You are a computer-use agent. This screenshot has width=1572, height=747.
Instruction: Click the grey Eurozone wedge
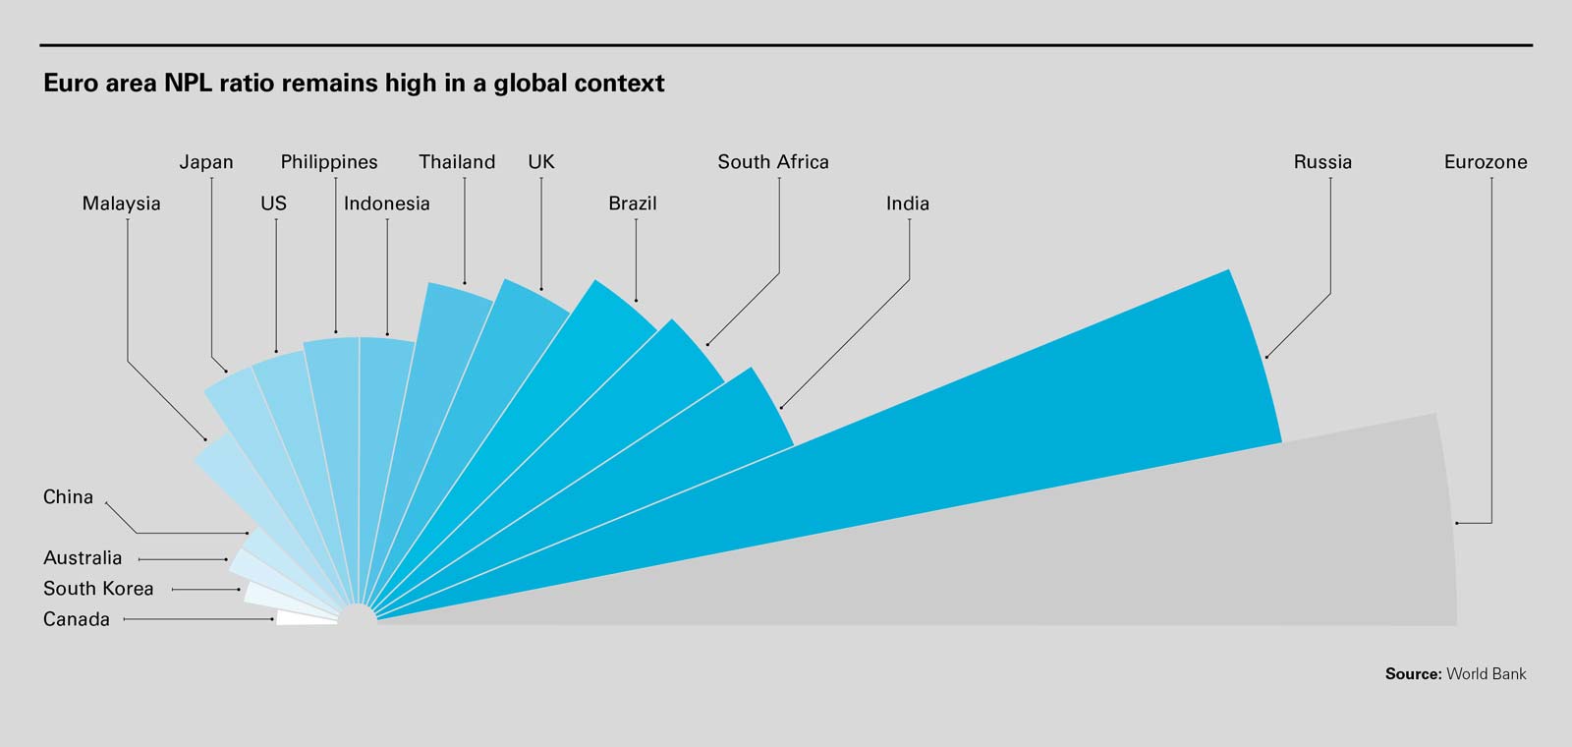click(x=1179, y=550)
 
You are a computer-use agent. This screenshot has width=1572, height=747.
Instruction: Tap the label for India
click(x=907, y=203)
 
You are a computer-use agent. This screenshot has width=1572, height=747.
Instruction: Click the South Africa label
click(x=773, y=162)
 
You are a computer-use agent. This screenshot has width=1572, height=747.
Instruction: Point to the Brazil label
click(x=632, y=203)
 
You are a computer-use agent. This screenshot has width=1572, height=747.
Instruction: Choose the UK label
click(x=541, y=162)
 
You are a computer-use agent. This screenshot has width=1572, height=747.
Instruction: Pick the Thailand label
click(x=457, y=162)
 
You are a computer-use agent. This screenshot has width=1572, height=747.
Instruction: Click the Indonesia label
click(x=386, y=203)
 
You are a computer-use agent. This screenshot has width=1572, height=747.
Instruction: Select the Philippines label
click(x=329, y=162)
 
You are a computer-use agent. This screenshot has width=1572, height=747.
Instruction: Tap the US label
click(x=273, y=203)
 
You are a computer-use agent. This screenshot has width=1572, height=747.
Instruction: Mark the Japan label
click(x=206, y=162)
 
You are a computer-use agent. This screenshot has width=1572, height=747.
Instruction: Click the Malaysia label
click(x=121, y=203)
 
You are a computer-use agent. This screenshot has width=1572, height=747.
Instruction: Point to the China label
click(x=68, y=497)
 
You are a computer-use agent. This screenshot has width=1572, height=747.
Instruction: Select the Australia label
click(x=83, y=558)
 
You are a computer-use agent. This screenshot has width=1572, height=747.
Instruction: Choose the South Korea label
click(x=98, y=589)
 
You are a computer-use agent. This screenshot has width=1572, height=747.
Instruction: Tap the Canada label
click(x=76, y=619)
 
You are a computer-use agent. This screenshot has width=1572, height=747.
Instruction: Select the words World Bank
click(x=1487, y=674)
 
